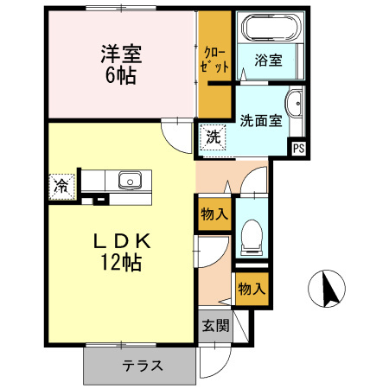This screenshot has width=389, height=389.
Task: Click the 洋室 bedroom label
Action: (122, 53)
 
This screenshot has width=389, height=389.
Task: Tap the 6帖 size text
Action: (122, 74)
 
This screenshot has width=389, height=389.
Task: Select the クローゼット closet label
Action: (214, 58)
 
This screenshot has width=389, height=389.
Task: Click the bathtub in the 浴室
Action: (270, 28)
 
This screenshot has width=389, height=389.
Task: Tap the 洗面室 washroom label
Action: (260, 120)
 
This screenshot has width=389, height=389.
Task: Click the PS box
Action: (298, 148)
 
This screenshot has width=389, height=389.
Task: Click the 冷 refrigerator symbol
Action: (61, 186)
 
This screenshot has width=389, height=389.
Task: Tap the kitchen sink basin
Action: (129, 181)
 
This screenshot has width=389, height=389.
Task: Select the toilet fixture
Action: (252, 234)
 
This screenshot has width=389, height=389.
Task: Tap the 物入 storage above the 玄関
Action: (250, 287)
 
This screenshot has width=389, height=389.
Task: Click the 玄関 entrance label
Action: (215, 327)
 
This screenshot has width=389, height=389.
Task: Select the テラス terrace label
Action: (141, 365)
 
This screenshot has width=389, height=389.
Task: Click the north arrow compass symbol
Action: (328, 289)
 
